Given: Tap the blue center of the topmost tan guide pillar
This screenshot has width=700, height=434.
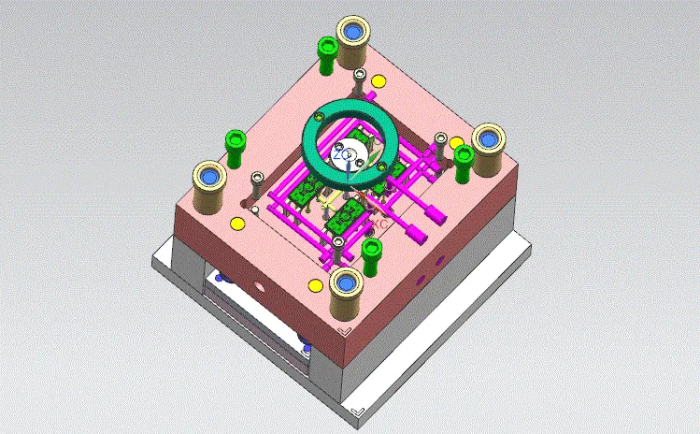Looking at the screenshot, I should click(355, 33).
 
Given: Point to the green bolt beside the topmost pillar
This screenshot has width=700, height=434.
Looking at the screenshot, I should click(326, 52).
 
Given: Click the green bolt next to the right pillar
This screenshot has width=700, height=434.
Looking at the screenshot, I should click(464, 161).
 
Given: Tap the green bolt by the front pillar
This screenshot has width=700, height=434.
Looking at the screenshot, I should click(372, 252).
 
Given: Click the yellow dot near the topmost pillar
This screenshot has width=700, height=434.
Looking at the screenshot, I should click(378, 81).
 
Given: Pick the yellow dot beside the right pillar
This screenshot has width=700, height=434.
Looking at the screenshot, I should click(456, 143).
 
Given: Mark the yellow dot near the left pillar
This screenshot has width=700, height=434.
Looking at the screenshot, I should click(236, 222).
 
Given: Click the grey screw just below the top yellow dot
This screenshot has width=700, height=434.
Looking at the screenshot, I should click(373, 97).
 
